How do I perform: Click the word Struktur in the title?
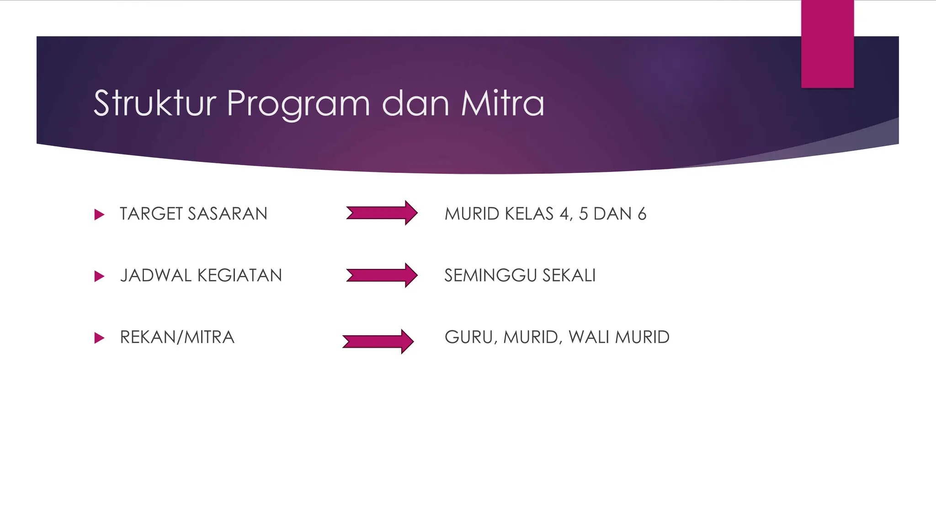click(154, 103)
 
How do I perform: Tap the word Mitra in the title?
click(502, 103)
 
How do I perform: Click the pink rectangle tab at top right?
click(827, 44)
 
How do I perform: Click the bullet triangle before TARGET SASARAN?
click(99, 214)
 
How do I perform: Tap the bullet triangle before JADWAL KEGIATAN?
click(99, 276)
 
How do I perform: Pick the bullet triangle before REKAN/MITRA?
click(99, 338)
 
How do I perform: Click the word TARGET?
click(151, 214)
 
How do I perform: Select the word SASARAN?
click(227, 214)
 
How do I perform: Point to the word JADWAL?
click(155, 275)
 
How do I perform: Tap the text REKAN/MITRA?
click(177, 337)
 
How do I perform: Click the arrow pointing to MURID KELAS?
click(382, 213)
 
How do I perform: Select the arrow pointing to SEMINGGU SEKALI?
click(382, 275)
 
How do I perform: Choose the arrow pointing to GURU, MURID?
click(378, 341)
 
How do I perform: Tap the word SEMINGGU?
click(490, 275)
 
